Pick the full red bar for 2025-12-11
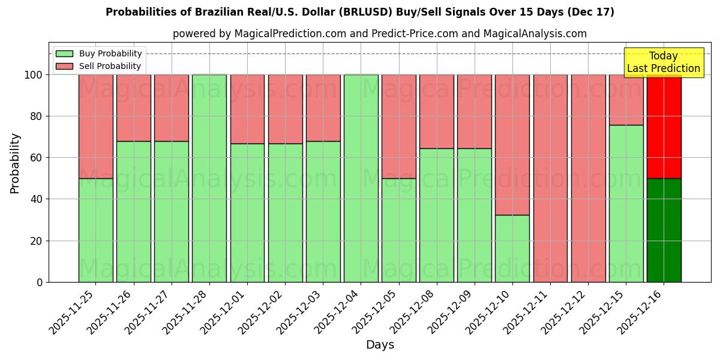550,178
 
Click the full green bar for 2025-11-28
209,178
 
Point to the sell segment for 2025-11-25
96,127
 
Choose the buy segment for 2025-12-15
626,203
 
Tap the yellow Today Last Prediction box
663,62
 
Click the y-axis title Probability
15,163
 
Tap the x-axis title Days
380,345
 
